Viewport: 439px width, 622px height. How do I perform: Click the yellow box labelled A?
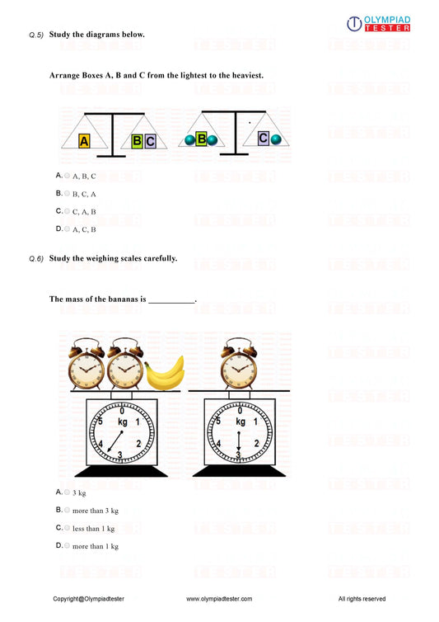pyautogui.click(x=84, y=141)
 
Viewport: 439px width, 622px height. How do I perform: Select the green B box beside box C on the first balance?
pyautogui.click(x=137, y=141)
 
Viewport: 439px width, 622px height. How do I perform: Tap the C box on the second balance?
pyautogui.click(x=264, y=139)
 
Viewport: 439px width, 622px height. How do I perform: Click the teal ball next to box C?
pyautogui.click(x=276, y=139)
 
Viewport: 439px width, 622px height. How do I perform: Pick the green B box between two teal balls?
pyautogui.click(x=201, y=139)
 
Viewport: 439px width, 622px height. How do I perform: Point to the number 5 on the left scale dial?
pyautogui.click(x=101, y=422)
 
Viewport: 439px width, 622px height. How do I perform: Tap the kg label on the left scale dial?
pyautogui.click(x=122, y=422)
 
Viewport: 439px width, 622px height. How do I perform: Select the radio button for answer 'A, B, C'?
pyautogui.click(x=68, y=176)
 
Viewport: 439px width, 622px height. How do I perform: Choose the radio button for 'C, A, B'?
pyautogui.click(x=68, y=211)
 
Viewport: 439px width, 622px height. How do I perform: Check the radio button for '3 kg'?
pyautogui.click(x=68, y=492)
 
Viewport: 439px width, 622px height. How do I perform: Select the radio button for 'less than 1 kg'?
pyautogui.click(x=68, y=528)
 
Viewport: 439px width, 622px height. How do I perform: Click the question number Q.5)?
pyautogui.click(x=35, y=35)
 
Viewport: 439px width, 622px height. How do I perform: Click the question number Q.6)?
pyautogui.click(x=35, y=259)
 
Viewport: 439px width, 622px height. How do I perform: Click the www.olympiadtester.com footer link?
pyautogui.click(x=219, y=599)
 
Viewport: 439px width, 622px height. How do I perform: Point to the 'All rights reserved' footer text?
pyautogui.click(x=362, y=599)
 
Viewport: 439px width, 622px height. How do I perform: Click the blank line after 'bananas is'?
pyautogui.click(x=171, y=299)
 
